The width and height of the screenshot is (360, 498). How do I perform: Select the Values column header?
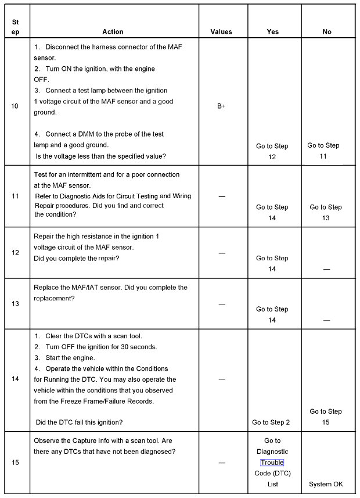point(221,32)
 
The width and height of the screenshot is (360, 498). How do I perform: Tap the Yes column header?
point(272,32)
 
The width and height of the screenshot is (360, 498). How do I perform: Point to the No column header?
point(327,32)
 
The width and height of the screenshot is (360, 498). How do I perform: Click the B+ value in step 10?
point(221,106)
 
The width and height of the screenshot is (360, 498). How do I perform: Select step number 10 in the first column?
point(15,106)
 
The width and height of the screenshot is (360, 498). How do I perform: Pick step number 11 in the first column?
point(15,196)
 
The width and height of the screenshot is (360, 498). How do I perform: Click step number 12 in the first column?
point(15,253)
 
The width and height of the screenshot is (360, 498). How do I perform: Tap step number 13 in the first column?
point(15,303)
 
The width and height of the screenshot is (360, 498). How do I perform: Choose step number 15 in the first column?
point(15,463)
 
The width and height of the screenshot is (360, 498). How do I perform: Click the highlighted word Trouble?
point(272,463)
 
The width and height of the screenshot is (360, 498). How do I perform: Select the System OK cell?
point(326,484)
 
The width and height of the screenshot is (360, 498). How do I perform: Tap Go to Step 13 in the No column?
point(326,212)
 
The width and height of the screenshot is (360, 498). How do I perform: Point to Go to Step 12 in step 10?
point(272,151)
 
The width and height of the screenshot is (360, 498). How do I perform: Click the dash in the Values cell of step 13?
point(221,304)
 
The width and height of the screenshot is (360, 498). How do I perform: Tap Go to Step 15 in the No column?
point(326,417)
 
